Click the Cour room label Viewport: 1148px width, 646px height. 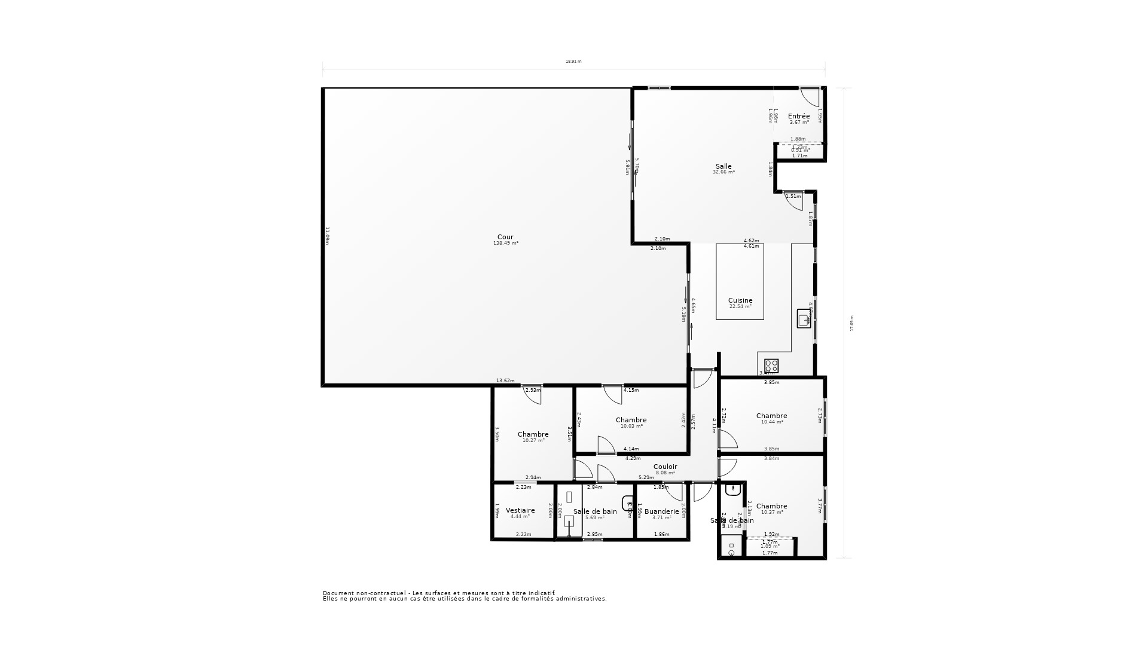[505, 237]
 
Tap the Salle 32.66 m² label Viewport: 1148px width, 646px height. [723, 172]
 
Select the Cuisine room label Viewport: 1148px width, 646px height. [740, 300]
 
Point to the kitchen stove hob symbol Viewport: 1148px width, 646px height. [771, 365]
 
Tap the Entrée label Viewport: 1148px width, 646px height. [799, 116]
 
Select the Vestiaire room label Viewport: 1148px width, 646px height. [520, 510]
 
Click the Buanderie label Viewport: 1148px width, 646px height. [661, 511]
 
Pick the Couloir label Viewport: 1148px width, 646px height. [665, 467]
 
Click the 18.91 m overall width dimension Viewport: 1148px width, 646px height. [573, 61]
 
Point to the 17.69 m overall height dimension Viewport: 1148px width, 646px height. [852, 323]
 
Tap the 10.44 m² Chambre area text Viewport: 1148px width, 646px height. [772, 422]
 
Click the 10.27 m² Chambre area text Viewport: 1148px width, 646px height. [533, 440]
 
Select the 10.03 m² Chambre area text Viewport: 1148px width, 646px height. [631, 426]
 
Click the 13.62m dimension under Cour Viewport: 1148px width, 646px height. [505, 380]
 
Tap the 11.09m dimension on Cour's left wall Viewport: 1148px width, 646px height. [328, 235]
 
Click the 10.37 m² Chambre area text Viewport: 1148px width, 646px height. [772, 512]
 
